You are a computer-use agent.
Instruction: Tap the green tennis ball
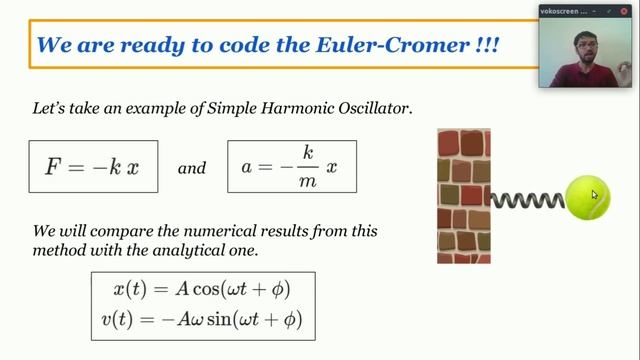tap(588, 197)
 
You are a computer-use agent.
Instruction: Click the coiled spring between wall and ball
tap(527, 199)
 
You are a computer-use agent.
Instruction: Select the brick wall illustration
tap(463, 196)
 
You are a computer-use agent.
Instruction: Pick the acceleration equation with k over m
tap(291, 167)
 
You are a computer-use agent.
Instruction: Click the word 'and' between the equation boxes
tap(191, 168)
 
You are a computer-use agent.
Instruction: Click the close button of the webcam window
tap(628, 10)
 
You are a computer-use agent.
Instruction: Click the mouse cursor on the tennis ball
tap(594, 195)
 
